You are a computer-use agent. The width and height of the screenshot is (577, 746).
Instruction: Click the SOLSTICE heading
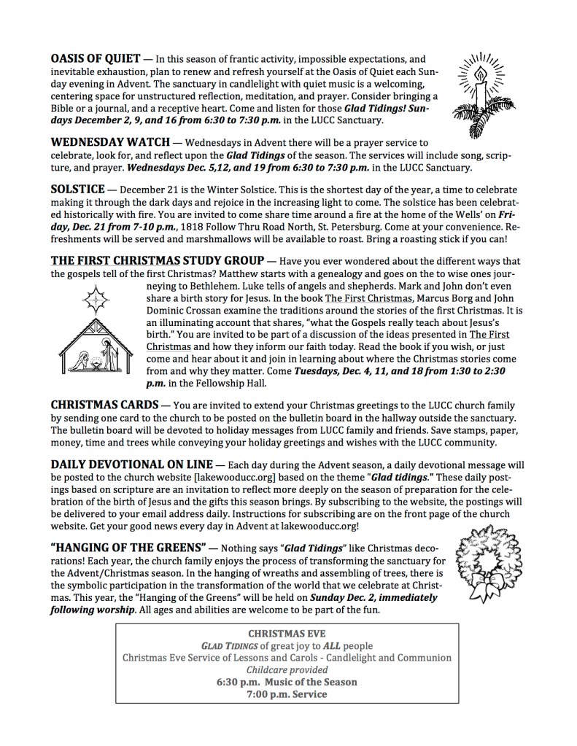click(x=79, y=188)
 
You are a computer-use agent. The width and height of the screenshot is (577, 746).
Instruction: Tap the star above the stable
click(x=93, y=300)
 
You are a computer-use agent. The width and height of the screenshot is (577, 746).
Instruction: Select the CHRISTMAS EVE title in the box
click(x=287, y=634)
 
